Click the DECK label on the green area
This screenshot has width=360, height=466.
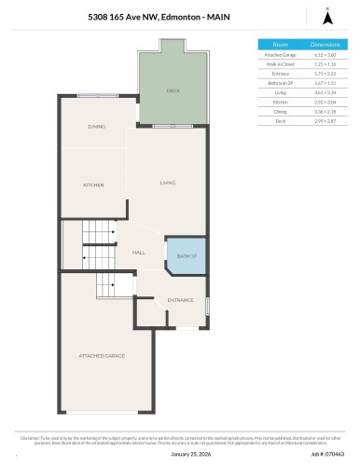click(173, 91)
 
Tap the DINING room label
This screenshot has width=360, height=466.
click(96, 126)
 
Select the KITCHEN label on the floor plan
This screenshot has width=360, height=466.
click(93, 185)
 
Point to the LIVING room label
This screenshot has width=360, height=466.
click(168, 182)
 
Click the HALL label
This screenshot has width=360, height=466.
click(138, 252)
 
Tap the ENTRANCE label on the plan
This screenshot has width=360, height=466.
click(180, 300)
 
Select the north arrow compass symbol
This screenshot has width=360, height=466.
click(326, 15)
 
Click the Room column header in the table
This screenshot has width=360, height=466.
click(280, 44)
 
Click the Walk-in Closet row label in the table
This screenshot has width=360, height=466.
click(280, 64)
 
